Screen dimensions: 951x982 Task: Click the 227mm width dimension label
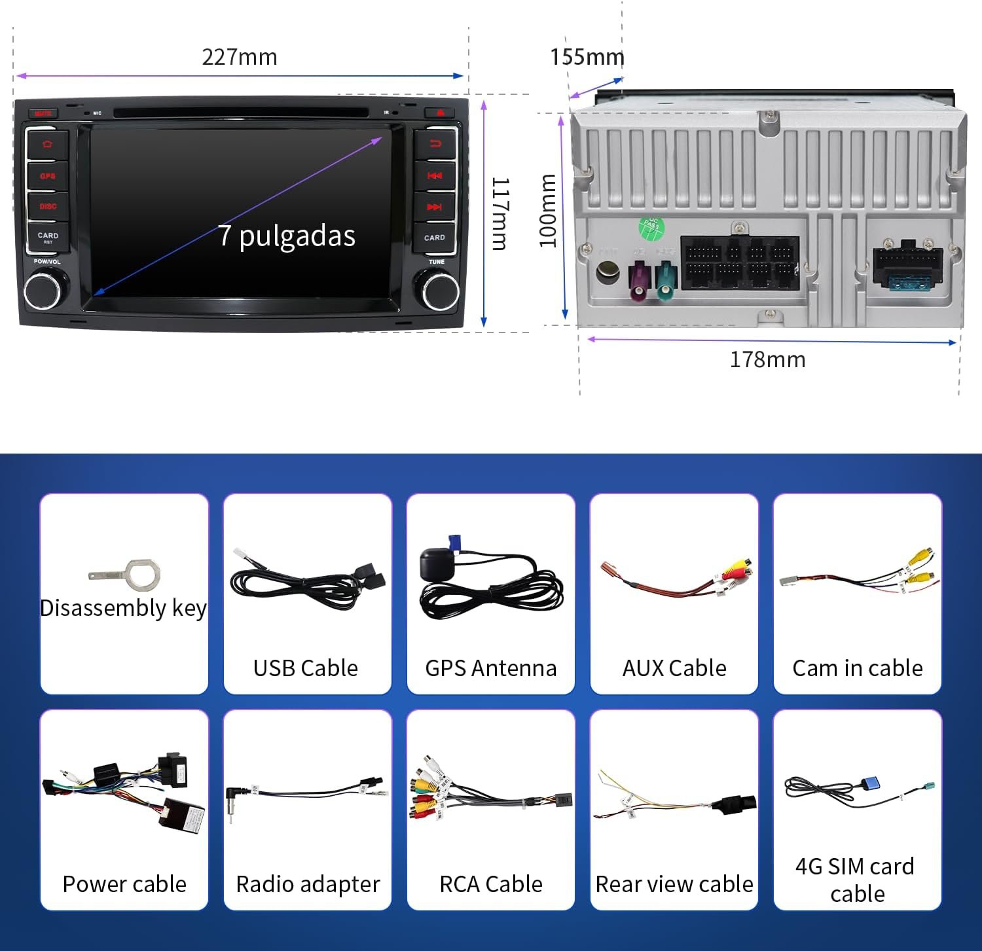tap(240, 57)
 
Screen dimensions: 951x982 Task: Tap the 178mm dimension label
tap(767, 359)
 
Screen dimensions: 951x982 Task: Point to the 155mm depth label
tap(587, 57)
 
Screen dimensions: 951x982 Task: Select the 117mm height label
tap(500, 213)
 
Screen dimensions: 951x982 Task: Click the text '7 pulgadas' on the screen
tap(287, 236)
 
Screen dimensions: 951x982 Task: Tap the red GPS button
tap(48, 175)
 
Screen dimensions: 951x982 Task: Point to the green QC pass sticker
tap(651, 227)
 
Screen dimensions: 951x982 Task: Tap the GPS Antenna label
tap(490, 668)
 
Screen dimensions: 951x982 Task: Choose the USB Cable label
tap(306, 668)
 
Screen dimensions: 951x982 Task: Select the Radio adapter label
tap(308, 884)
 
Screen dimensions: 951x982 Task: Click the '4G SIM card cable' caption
tap(856, 880)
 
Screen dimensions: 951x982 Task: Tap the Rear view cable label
tap(674, 884)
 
